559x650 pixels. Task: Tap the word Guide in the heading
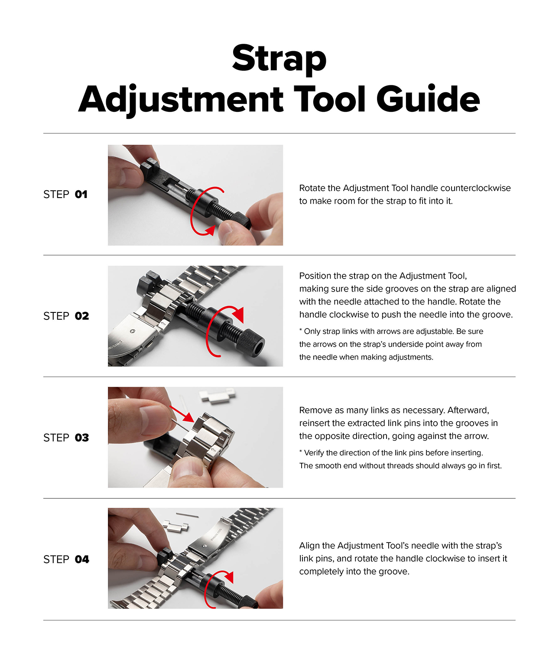[428, 99]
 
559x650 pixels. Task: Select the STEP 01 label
[65, 194]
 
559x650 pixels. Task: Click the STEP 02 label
[66, 316]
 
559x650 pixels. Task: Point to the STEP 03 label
[66, 437]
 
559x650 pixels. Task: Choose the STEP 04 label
[66, 559]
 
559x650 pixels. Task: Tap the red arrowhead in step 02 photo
[238, 315]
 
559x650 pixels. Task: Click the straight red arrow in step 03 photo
[182, 413]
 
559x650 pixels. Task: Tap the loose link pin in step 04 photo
[187, 515]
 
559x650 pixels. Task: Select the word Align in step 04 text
[310, 546]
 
